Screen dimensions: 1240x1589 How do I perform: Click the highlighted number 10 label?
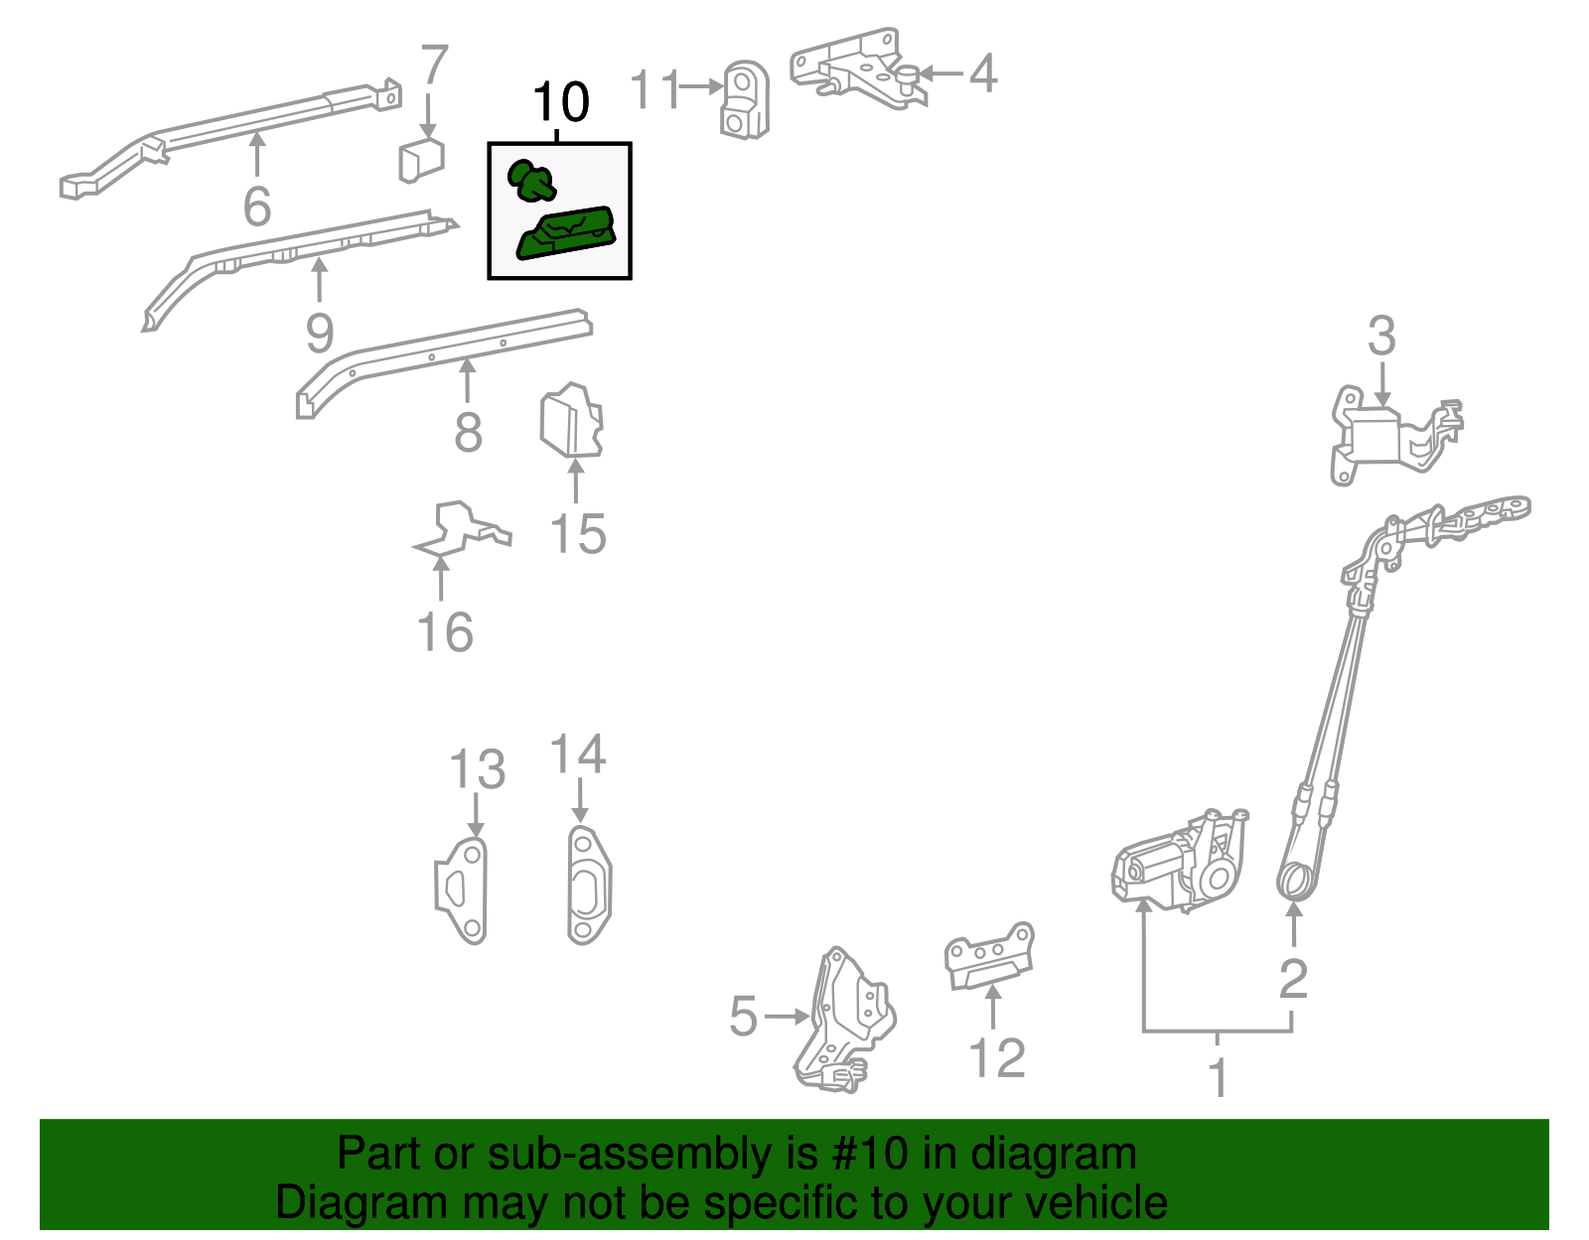(x=561, y=103)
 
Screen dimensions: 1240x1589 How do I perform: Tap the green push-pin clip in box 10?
(x=531, y=181)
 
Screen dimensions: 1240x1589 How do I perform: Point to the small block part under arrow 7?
(x=421, y=160)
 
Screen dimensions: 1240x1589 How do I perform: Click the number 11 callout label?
(x=656, y=89)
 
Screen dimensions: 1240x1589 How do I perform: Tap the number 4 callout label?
(x=982, y=73)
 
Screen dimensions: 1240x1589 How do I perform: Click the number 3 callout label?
(x=1381, y=337)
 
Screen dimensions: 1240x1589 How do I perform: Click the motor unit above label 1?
(x=1177, y=862)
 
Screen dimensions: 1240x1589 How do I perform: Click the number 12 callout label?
(x=997, y=1058)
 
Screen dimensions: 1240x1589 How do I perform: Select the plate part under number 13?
(x=463, y=890)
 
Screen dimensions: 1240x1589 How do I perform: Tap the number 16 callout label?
(x=445, y=632)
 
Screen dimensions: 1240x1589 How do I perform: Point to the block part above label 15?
(x=571, y=421)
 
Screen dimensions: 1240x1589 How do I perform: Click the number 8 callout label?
(x=468, y=433)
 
